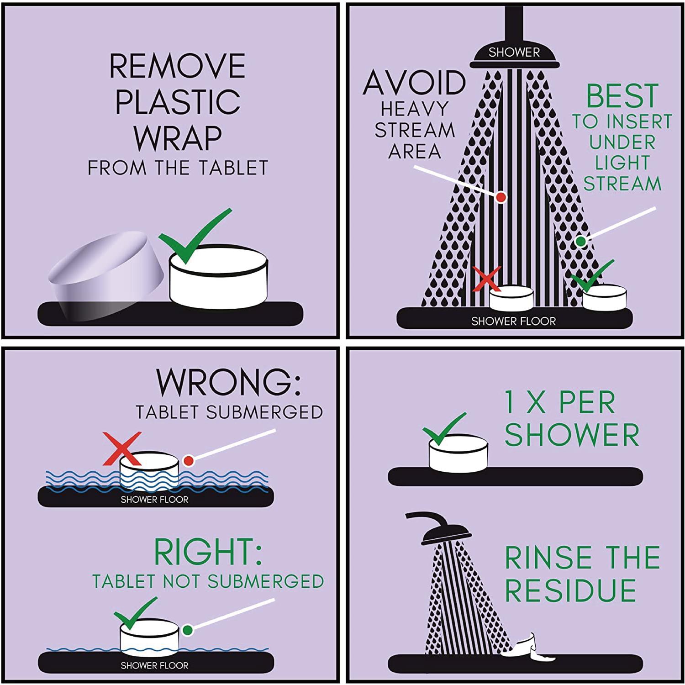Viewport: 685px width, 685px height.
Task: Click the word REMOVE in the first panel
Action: pos(177,66)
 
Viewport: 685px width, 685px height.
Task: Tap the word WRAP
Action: pos(178,137)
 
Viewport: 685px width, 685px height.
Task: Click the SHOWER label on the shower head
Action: pos(514,53)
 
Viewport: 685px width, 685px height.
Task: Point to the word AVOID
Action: pos(414,83)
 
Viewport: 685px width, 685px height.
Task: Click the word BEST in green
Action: pos(622,96)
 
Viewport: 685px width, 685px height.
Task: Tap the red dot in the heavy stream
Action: pos(501,197)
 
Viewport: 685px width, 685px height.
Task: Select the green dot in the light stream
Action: pos(580,241)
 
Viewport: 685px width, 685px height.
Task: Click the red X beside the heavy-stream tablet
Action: pos(488,279)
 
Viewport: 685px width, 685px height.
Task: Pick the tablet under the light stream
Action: pos(604,297)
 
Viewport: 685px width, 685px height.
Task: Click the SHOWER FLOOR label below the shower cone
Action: pos(514,321)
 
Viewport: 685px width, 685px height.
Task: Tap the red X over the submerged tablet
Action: pos(122,449)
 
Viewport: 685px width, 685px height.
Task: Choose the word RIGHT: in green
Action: pos(208,552)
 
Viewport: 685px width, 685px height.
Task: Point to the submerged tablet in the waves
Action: pos(149,471)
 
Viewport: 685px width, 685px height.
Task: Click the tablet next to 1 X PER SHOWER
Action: pos(458,453)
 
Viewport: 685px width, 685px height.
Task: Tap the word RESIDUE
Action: pos(570,590)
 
